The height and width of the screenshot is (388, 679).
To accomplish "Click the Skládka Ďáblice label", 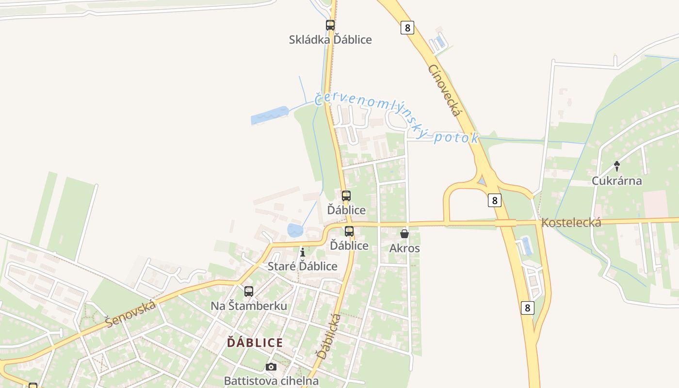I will [x=330, y=40].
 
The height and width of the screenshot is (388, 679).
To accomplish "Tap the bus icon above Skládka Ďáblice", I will [x=330, y=25].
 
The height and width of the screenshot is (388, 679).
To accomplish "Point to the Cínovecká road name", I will [x=444, y=90].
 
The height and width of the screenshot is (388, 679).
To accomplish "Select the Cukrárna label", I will [x=616, y=181].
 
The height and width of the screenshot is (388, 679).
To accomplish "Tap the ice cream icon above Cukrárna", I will [x=616, y=166].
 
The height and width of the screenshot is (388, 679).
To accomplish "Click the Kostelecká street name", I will [x=571, y=223].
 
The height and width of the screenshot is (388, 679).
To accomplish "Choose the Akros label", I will [x=404, y=248].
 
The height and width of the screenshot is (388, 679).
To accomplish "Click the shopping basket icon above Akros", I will [x=404, y=234].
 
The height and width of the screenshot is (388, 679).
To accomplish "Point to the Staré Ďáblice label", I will [x=303, y=266].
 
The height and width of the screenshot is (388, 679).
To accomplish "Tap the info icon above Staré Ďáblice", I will [x=303, y=252].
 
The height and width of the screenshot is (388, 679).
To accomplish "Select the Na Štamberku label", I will [x=249, y=306].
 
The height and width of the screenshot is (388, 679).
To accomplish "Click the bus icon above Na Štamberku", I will [x=249, y=291].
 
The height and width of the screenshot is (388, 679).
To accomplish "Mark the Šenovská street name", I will [x=131, y=313].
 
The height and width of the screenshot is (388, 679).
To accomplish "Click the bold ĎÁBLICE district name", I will [x=255, y=343].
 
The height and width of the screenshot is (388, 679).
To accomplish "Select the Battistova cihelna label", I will [x=271, y=381].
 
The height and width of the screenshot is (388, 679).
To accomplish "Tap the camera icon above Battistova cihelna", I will [x=271, y=367].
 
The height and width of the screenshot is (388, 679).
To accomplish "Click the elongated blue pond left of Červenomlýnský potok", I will [x=269, y=116].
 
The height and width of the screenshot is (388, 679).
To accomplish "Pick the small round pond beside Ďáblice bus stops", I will [x=295, y=230].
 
